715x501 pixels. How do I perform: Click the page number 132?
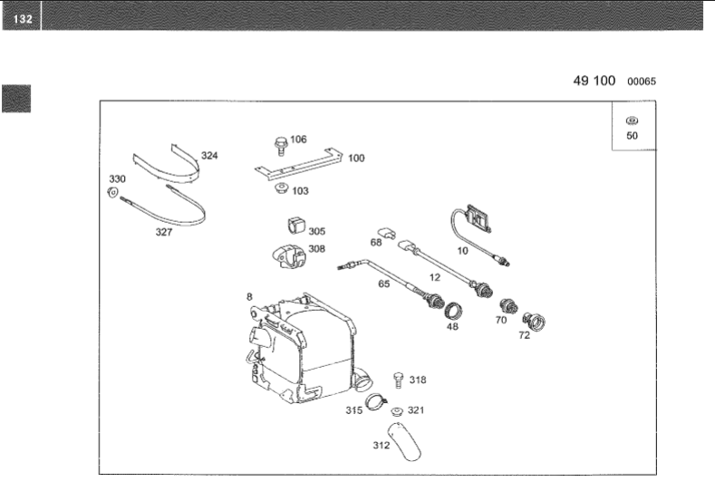click(x=19, y=17)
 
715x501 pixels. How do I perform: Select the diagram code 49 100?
click(x=594, y=81)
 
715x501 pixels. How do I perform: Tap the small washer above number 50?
click(x=632, y=120)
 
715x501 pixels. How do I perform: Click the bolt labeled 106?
click(x=280, y=143)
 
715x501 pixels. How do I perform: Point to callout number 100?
click(x=356, y=158)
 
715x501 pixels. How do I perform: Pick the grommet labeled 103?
click(x=280, y=190)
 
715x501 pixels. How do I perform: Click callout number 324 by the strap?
click(x=209, y=156)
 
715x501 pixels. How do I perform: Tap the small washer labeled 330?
click(x=114, y=194)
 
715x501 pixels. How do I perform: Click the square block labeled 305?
click(x=294, y=225)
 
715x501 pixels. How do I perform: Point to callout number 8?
click(x=248, y=296)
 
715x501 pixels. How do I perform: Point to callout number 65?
click(x=383, y=284)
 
